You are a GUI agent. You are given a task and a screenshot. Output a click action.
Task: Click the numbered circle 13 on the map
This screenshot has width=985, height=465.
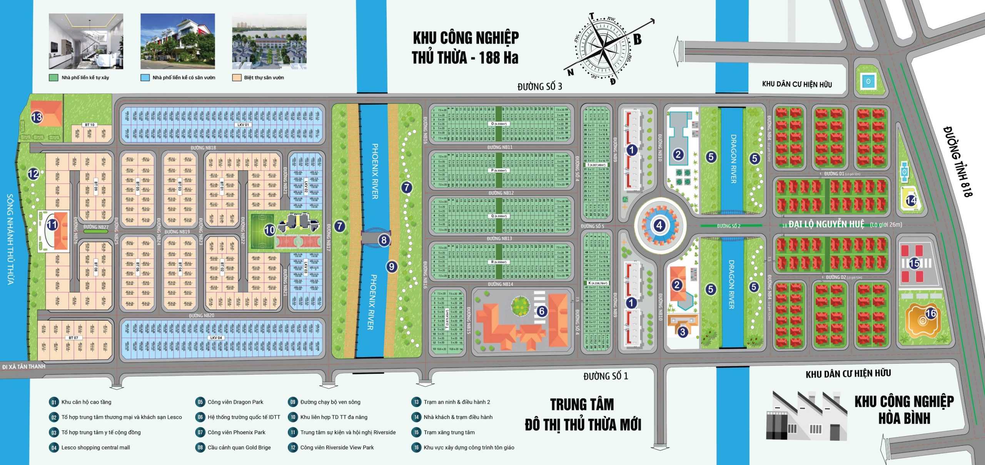pyautogui.click(x=37, y=117)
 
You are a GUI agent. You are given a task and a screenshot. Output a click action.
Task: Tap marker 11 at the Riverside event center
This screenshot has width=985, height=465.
pyautogui.click(x=52, y=225)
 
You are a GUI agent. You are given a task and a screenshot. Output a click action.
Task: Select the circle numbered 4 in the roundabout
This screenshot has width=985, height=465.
pyautogui.click(x=659, y=225)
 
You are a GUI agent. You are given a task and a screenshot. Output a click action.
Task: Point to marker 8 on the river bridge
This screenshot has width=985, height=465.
pyautogui.click(x=384, y=240)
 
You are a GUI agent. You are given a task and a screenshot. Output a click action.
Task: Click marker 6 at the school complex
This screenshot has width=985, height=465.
pyautogui.click(x=541, y=311)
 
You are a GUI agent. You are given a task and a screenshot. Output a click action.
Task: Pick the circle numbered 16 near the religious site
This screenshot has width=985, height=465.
pyautogui.click(x=931, y=313)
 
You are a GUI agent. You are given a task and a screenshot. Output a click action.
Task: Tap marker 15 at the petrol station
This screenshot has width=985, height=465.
pyautogui.click(x=914, y=263)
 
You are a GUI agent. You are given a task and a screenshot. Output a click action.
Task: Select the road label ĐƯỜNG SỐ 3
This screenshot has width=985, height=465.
pyautogui.click(x=539, y=87)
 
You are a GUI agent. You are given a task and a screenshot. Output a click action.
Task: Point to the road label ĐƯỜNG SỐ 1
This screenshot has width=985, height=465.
pyautogui.click(x=605, y=376)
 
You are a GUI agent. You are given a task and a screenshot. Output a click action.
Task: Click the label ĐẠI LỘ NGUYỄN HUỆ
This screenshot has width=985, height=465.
pyautogui.click(x=826, y=224)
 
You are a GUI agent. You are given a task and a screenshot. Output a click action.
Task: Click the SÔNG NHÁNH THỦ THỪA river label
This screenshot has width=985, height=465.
pyautogui.click(x=11, y=239)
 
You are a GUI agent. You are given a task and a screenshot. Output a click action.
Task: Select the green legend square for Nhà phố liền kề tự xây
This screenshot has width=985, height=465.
pyautogui.click(x=53, y=78)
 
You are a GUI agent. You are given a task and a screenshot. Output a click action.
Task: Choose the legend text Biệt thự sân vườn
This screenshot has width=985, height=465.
pyautogui.click(x=264, y=78)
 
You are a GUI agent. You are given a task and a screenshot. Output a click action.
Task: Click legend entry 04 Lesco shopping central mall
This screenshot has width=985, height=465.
pyautogui.click(x=95, y=448)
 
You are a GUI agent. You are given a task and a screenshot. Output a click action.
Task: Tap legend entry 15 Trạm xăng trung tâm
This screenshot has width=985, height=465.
pyautogui.click(x=449, y=432)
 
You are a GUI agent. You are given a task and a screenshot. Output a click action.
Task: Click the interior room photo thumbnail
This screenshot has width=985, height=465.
pyautogui.click(x=86, y=41)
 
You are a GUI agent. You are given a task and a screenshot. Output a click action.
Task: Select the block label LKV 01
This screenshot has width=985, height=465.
pyautogui.click(x=243, y=125)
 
